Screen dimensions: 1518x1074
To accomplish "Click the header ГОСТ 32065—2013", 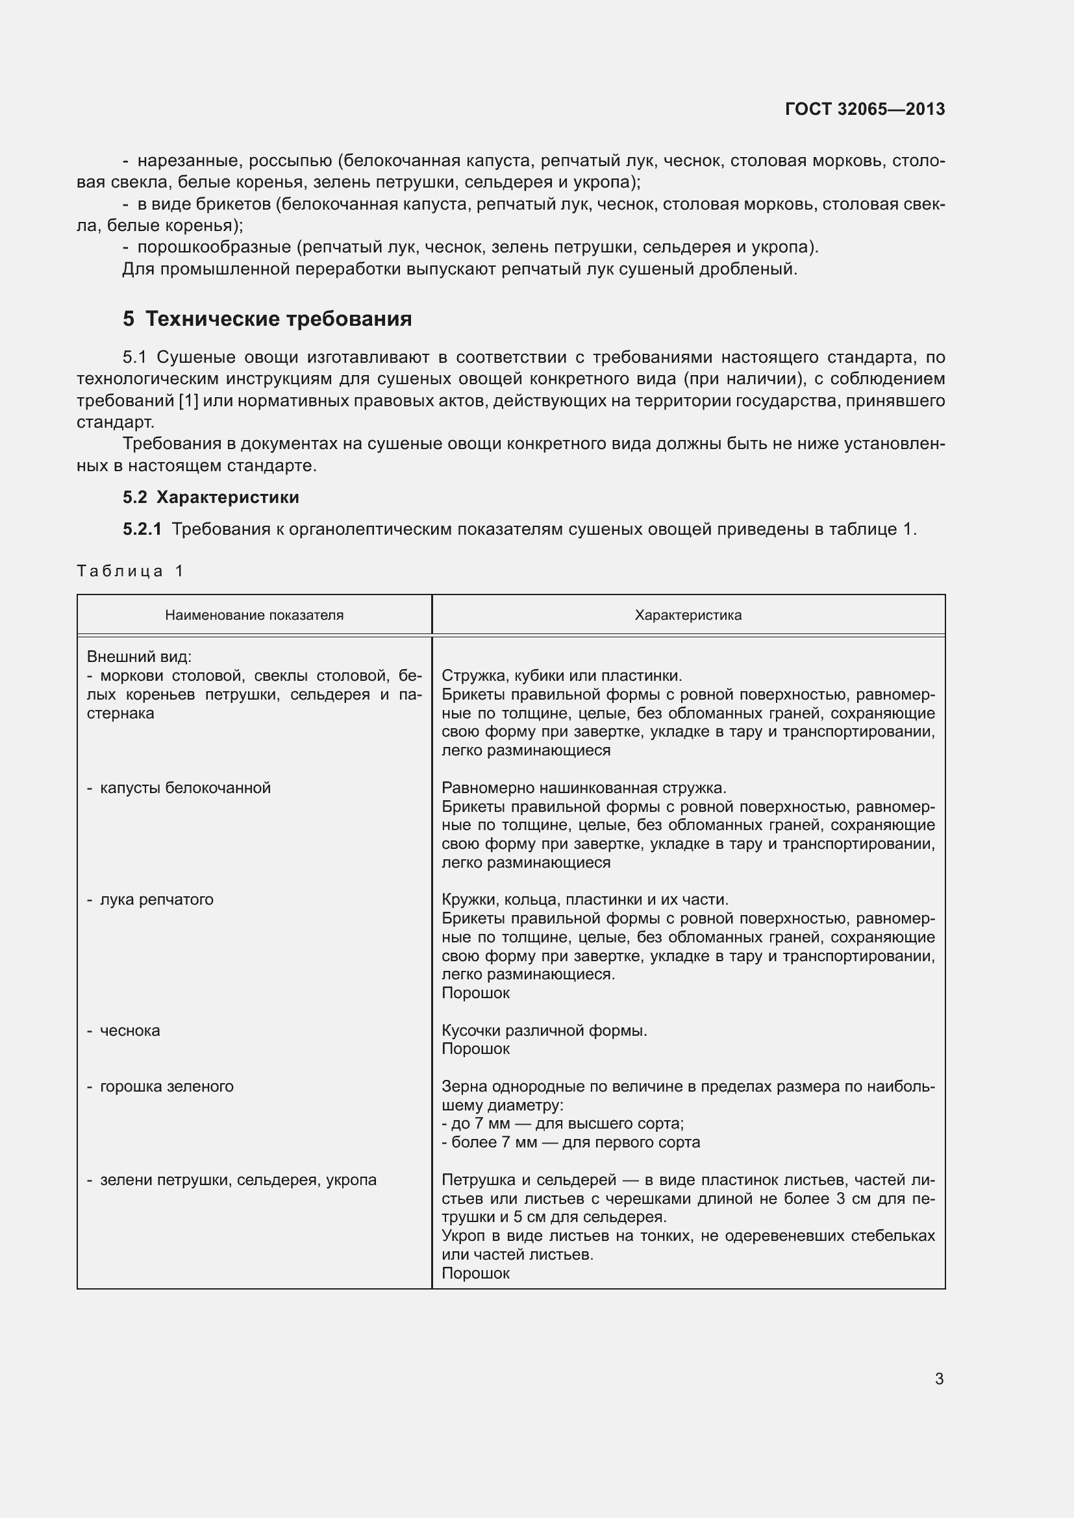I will (x=864, y=109).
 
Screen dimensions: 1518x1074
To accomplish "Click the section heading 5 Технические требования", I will (x=267, y=319).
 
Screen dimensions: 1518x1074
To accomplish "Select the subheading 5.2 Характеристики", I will (x=211, y=496).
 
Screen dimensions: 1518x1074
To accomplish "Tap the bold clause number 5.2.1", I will (x=142, y=529).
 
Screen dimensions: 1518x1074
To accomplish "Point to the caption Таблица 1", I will (x=130, y=570).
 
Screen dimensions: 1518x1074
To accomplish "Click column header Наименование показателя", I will (x=254, y=615).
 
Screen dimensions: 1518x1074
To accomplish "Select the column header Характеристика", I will (x=688, y=615).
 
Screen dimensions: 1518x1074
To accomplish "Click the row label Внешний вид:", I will (x=139, y=657).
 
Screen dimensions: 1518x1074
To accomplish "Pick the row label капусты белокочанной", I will (x=184, y=787).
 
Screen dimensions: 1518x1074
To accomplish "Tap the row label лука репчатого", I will (x=156, y=899).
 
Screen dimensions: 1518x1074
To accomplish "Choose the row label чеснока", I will (x=130, y=1030).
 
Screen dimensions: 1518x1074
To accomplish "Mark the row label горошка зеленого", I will (x=166, y=1086).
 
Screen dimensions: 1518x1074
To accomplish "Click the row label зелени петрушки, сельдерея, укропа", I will (x=238, y=1179).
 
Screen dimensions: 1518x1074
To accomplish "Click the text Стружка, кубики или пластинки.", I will (x=562, y=675).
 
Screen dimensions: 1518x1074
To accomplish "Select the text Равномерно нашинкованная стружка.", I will (x=584, y=787).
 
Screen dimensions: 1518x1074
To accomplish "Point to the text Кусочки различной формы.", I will (x=544, y=1030).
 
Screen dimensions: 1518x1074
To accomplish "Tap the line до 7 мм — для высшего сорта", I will (x=563, y=1123).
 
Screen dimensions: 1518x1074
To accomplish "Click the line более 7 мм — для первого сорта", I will (x=571, y=1142).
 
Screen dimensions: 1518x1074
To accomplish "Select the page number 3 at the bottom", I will (x=938, y=1378).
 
